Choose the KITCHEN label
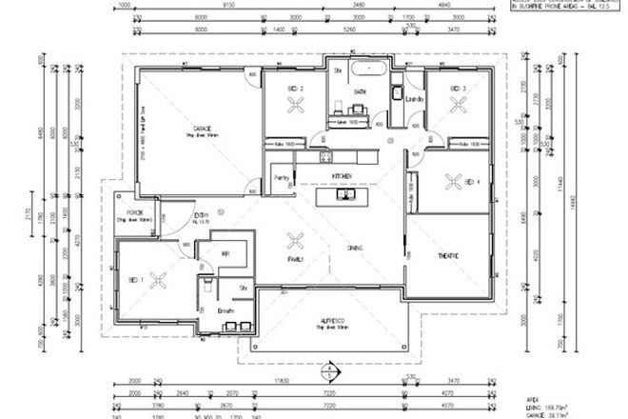coord(342,175)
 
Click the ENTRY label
coord(202,216)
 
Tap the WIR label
coord(226,255)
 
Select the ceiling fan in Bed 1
coord(159,279)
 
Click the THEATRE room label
coord(447,257)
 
